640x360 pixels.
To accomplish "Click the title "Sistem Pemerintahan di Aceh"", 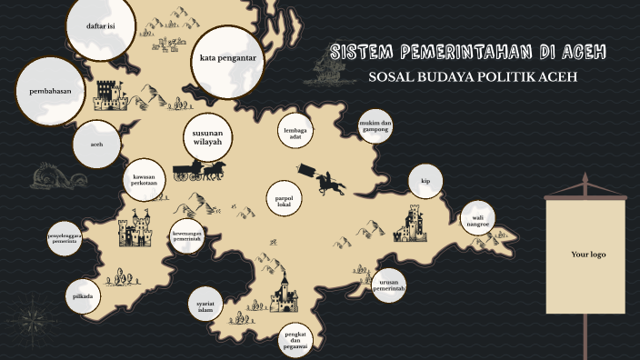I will tap(468, 51).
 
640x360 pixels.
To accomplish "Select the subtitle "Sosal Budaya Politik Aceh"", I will tap(473, 76).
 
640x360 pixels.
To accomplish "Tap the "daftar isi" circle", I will tap(100, 26).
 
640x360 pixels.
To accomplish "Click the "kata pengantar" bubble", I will tap(227, 58).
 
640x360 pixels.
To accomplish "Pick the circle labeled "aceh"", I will tap(96, 145).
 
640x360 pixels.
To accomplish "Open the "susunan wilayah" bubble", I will tap(208, 137).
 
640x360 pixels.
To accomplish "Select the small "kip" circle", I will tap(425, 181).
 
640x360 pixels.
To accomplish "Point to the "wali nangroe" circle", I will tap(478, 219).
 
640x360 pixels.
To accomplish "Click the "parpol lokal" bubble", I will tap(283, 200).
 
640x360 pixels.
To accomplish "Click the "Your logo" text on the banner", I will tap(587, 255).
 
